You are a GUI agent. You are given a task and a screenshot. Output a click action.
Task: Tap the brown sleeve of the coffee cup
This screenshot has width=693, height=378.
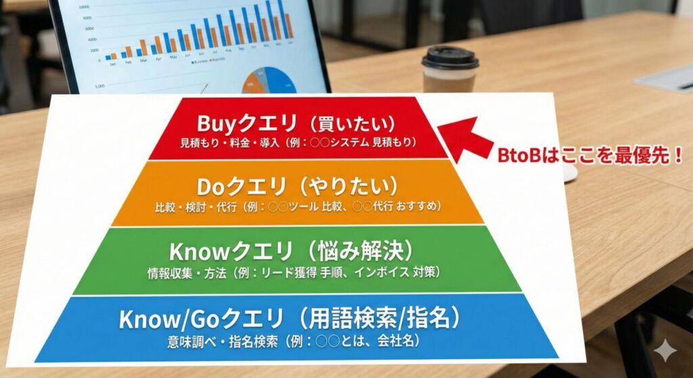point(448,81)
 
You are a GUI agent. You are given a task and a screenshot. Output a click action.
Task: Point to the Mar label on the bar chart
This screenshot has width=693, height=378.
point(143,60)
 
